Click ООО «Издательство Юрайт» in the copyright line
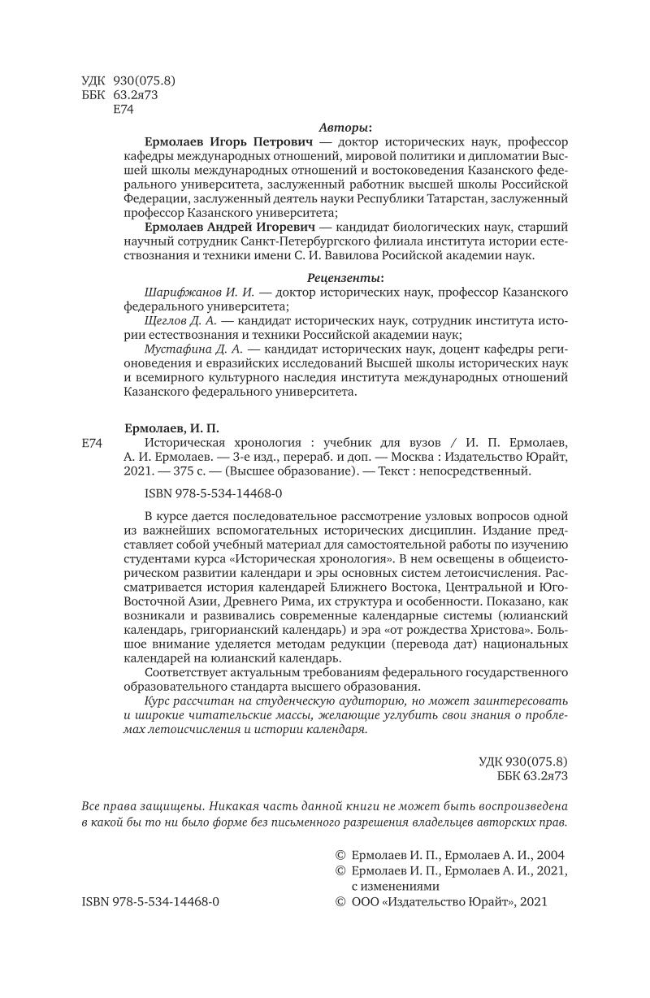pos(430,901)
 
